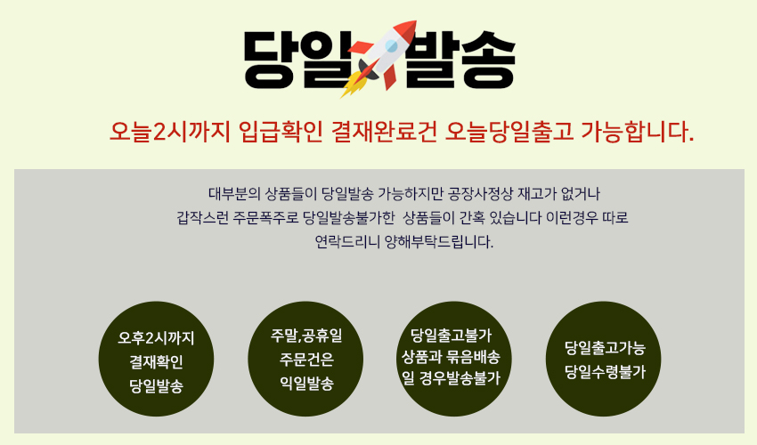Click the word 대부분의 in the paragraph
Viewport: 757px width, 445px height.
tap(234, 192)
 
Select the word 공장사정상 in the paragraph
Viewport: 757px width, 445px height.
tap(480, 192)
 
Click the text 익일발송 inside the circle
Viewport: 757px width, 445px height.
tap(305, 384)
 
